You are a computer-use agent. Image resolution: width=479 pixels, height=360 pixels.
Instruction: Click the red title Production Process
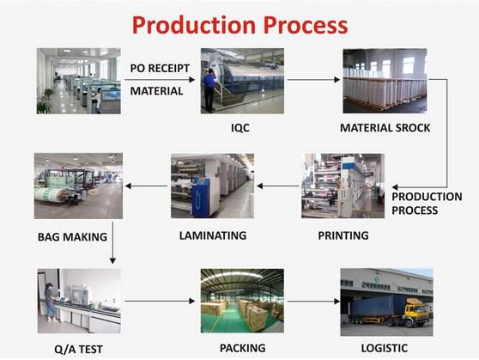[240, 25]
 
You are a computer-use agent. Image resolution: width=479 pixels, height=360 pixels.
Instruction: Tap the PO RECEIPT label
[160, 68]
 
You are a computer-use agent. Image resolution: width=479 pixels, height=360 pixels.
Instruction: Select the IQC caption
[240, 127]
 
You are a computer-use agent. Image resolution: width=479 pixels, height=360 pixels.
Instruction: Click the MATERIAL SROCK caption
[385, 128]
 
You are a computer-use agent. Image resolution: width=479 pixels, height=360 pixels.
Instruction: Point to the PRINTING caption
[343, 235]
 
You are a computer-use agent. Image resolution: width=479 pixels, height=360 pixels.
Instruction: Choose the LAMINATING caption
[213, 235]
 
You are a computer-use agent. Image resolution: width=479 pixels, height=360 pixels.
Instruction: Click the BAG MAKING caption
[72, 237]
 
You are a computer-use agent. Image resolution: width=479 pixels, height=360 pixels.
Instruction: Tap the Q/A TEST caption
[78, 350]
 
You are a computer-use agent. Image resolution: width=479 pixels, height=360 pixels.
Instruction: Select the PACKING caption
[243, 348]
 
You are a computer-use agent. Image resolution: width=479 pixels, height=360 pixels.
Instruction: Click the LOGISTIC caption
[385, 348]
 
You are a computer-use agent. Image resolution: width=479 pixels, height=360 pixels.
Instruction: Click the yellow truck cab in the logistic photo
[415, 311]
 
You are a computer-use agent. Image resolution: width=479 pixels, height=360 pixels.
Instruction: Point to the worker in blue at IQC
[209, 90]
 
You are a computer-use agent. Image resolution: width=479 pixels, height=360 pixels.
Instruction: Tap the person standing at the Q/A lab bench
[50, 302]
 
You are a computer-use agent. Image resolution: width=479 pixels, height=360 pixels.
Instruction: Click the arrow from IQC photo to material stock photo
[313, 80]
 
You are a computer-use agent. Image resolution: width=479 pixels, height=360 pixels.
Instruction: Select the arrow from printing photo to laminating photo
[277, 186]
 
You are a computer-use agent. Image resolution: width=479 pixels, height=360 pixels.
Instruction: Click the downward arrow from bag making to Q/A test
[112, 243]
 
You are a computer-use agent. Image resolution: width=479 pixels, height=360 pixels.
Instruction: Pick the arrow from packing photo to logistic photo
[313, 302]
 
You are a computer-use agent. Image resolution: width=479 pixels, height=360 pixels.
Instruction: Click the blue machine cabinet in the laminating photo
[200, 198]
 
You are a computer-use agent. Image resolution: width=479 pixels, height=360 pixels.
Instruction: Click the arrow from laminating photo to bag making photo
[146, 186]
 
